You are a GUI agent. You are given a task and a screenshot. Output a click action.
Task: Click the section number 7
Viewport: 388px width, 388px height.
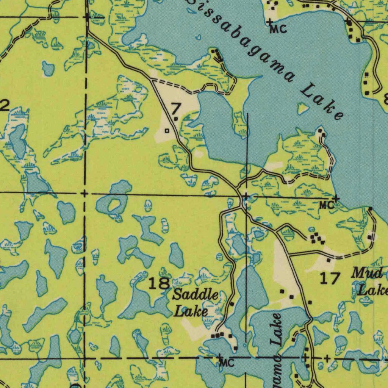[175, 110]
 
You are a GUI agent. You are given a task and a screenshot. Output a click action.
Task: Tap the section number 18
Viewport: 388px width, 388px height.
[159, 283]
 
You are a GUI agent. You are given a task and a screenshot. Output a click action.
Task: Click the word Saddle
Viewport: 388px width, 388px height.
[196, 295]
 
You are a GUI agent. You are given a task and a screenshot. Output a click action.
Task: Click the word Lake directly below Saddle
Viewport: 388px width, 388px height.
[191, 312]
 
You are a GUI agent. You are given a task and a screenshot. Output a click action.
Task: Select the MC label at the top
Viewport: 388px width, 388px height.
[278, 29]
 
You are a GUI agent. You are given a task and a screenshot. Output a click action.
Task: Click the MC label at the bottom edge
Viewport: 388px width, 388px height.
[227, 363]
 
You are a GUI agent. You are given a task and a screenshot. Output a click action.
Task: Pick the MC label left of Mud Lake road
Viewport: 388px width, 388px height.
[326, 205]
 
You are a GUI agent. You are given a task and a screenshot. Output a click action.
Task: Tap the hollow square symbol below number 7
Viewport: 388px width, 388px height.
[167, 131]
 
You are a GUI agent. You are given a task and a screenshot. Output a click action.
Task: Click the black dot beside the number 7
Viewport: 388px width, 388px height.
[176, 119]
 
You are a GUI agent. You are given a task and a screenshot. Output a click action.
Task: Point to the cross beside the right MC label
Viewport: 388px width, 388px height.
[336, 198]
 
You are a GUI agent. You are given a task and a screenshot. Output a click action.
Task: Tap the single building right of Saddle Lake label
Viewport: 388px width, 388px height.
[232, 304]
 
